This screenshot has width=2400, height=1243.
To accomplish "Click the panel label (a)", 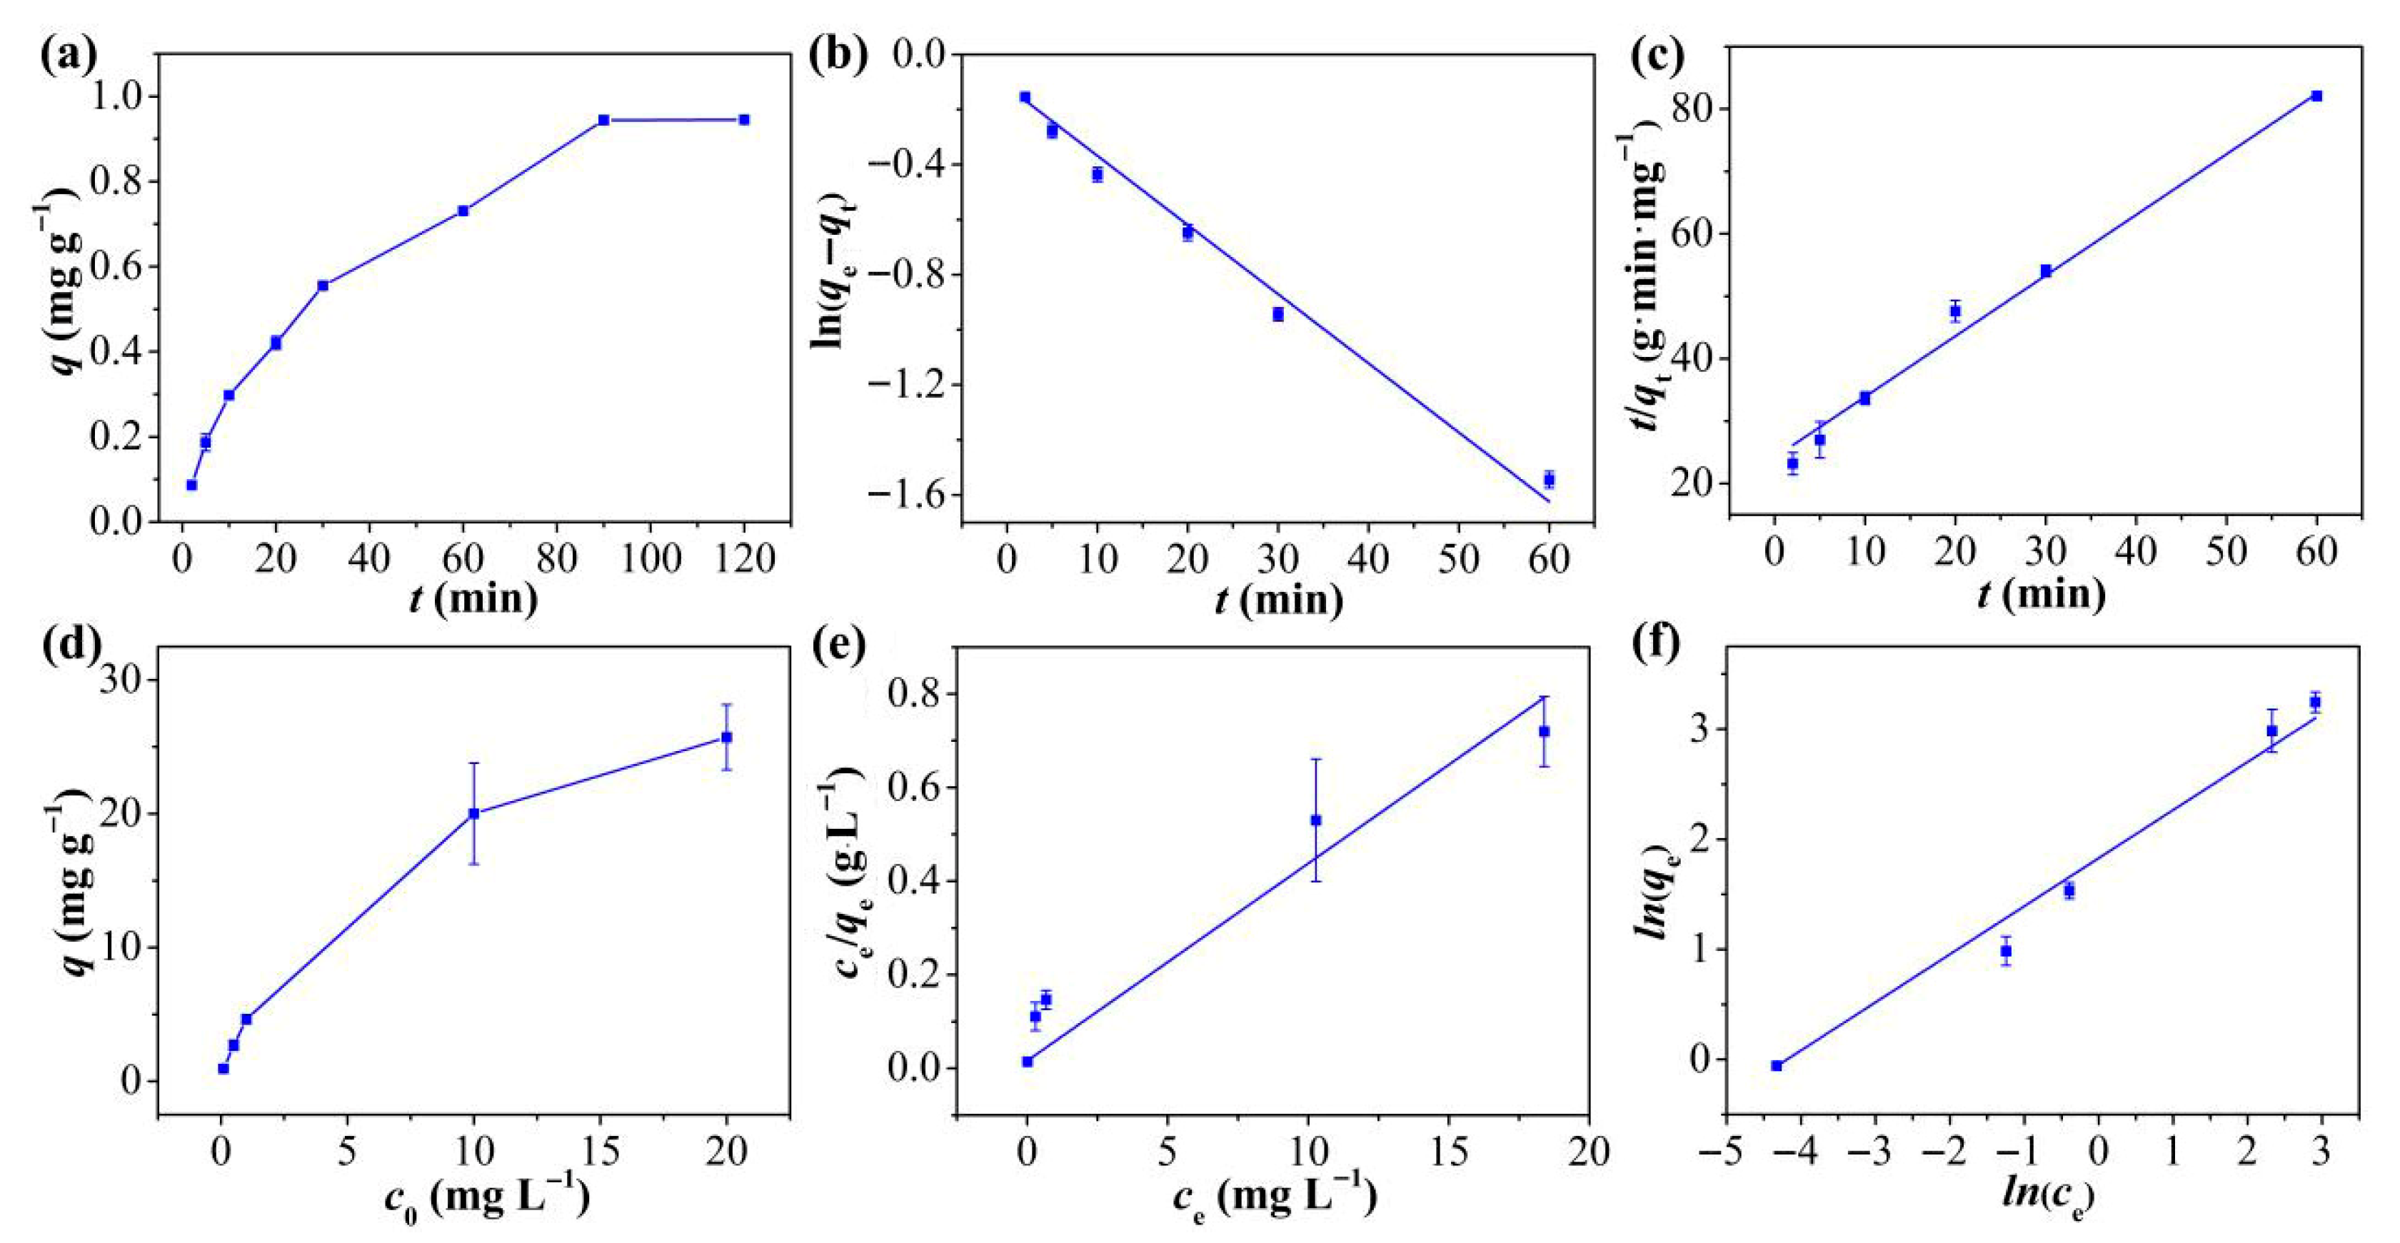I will click(x=68, y=57).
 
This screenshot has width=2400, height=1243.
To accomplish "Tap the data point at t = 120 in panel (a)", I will click(x=743, y=119).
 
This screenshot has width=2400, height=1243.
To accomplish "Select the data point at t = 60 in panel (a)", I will click(x=463, y=211).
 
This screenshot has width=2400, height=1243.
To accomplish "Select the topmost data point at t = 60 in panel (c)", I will click(x=2317, y=96).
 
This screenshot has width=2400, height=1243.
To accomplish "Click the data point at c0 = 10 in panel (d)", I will click(x=473, y=813).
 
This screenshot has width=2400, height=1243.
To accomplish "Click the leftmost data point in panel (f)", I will click(x=1777, y=1066).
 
